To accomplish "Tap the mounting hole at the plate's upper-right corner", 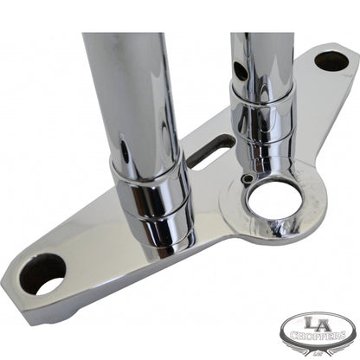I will point(330,61).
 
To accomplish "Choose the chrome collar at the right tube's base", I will point(265,130).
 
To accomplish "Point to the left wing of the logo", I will point(288,332).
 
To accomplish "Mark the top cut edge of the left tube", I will point(121,35).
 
